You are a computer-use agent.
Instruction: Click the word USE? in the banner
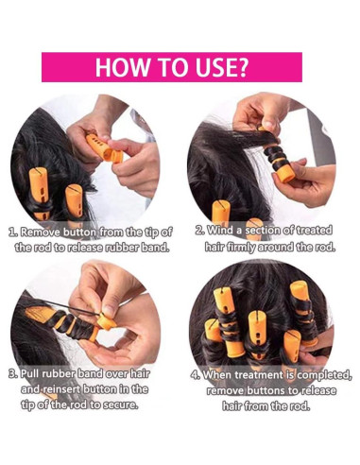[223, 67]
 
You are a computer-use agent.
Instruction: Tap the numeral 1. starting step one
[13, 232]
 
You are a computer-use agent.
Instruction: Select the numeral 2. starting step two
[200, 231]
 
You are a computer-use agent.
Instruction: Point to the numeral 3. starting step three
[13, 374]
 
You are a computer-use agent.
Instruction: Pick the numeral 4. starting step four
[196, 375]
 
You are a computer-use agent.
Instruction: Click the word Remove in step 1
[41, 232]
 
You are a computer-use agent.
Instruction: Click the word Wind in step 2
[220, 231]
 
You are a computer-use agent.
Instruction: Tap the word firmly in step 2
[238, 247]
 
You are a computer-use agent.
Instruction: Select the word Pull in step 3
[30, 374]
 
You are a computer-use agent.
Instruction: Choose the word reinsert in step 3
[61, 389]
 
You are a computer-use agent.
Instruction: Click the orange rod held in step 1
[104, 148]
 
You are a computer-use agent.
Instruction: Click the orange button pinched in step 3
[106, 321]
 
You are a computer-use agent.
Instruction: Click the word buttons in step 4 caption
[266, 391]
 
